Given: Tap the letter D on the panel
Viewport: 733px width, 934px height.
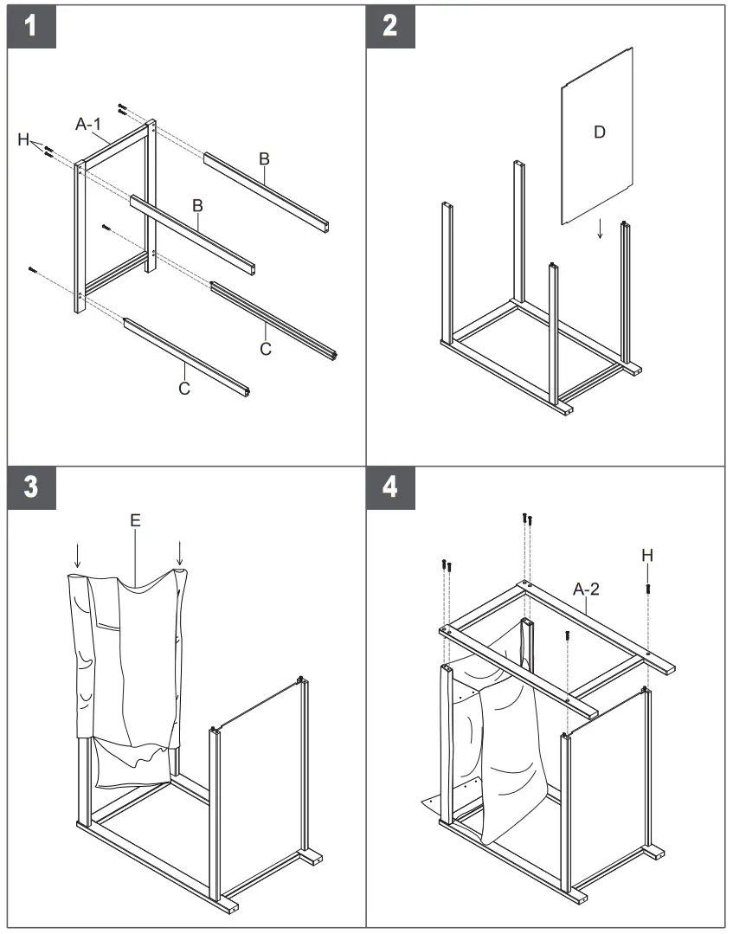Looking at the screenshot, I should tap(599, 132).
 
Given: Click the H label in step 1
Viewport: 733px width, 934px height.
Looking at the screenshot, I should tap(24, 140).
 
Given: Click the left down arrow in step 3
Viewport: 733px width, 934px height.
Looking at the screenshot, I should tap(78, 555).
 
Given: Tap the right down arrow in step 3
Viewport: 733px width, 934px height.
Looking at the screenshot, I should tap(179, 552).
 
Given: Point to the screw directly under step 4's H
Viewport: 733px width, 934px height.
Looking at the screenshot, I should tap(648, 589).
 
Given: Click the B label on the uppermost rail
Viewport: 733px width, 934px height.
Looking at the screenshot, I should tap(264, 158).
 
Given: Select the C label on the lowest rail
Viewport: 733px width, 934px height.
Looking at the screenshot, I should tap(184, 389).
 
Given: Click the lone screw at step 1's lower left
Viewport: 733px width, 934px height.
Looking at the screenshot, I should tap(33, 270).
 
